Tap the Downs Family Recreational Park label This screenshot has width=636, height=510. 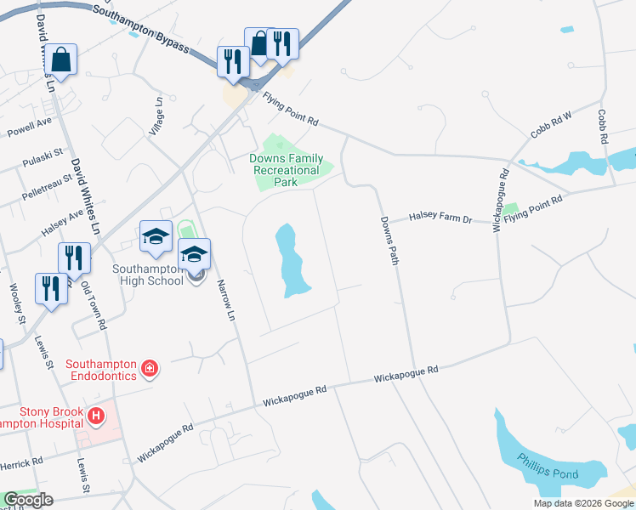[x=286, y=164]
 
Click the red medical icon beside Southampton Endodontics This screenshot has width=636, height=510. [x=150, y=368]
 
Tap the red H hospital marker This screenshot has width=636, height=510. [x=96, y=416]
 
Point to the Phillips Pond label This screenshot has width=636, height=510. [x=550, y=473]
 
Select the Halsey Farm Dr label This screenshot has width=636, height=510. [x=440, y=218]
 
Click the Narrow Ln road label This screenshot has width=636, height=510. [x=225, y=300]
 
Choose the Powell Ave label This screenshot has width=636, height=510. [x=30, y=127]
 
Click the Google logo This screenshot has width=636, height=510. [x=28, y=500]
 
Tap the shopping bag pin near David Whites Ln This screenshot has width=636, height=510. [x=61, y=61]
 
